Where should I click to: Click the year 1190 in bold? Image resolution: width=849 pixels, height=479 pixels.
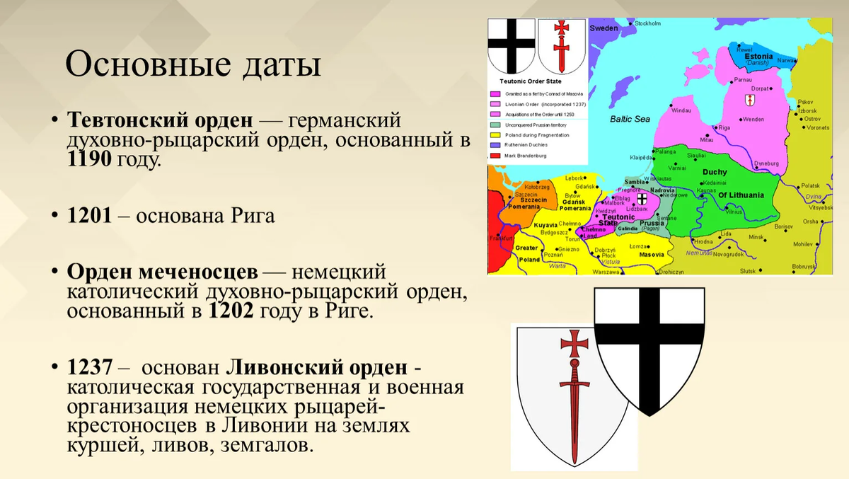(x=89, y=160)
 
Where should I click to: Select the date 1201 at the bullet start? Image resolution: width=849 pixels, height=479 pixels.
(x=89, y=215)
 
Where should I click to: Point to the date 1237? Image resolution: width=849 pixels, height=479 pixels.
(x=89, y=368)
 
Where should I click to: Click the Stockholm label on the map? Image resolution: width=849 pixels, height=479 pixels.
(x=647, y=23)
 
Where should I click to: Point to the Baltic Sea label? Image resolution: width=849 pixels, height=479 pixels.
(x=630, y=119)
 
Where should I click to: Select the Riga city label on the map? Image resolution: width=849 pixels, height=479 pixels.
(x=723, y=127)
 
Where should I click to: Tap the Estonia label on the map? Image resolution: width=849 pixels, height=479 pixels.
(x=758, y=56)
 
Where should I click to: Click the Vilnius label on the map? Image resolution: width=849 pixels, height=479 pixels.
(x=733, y=212)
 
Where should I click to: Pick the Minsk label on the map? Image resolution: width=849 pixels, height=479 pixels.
(x=757, y=237)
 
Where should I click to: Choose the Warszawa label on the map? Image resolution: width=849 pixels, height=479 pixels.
(x=606, y=272)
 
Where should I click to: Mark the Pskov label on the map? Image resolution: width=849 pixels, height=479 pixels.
(x=805, y=102)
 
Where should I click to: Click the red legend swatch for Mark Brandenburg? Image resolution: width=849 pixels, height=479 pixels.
(x=495, y=155)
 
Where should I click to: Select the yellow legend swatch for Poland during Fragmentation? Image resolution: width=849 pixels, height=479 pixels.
(x=495, y=134)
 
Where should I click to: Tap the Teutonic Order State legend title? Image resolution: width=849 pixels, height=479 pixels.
(x=531, y=82)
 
